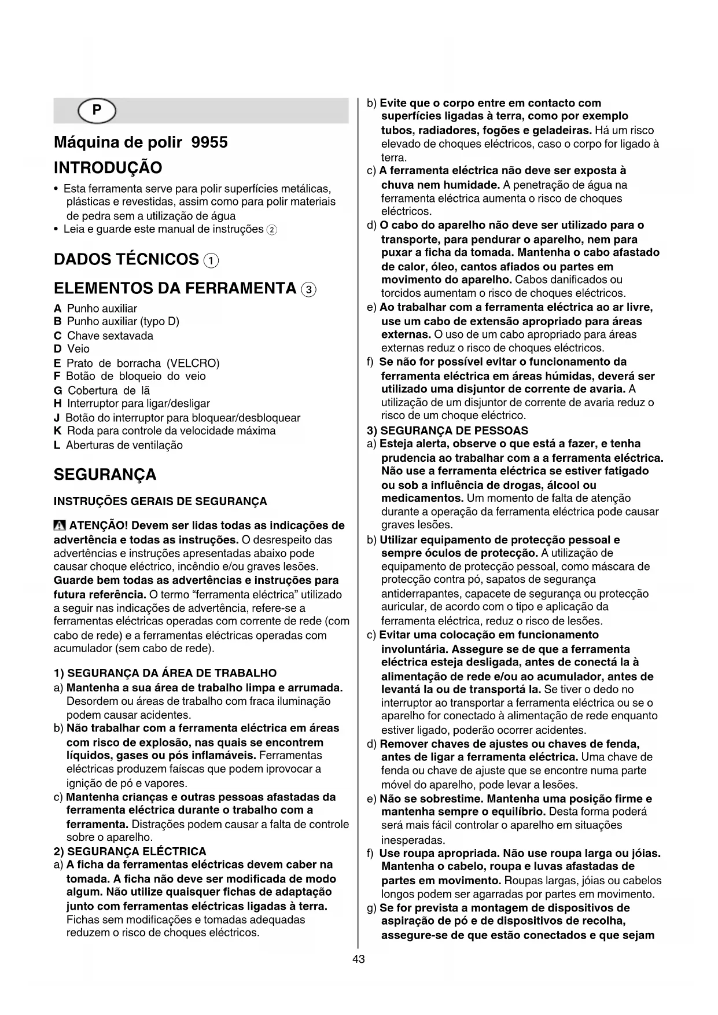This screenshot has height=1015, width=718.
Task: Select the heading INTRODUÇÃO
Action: coord(108,168)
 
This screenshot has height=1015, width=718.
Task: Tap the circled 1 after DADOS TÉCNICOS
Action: coord(211,260)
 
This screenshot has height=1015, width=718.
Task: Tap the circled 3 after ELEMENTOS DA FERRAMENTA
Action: coord(309,289)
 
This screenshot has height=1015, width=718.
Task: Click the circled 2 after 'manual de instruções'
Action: coord(271,230)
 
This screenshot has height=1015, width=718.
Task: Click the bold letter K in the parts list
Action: coord(57,431)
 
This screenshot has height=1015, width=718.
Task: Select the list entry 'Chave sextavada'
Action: coord(110,336)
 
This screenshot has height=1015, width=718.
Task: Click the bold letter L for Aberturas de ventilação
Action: coord(57,445)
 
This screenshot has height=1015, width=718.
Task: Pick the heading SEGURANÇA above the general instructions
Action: coord(105,475)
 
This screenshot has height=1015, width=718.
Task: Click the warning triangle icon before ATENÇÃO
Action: coord(60,526)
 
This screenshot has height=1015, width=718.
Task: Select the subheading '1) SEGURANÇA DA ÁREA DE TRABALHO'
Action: coord(165,673)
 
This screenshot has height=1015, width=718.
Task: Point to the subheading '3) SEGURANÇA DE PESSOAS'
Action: coord(447,431)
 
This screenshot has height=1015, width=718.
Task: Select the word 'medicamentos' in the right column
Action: coord(421,498)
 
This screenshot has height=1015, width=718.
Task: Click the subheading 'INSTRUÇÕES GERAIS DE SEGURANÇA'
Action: coord(160,501)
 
